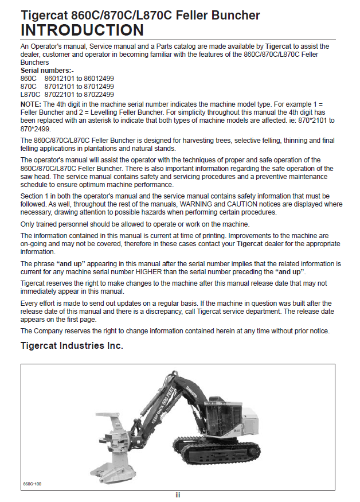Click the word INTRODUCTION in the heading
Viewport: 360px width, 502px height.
82,30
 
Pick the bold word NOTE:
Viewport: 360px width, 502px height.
31,104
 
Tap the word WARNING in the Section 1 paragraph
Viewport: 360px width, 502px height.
197,204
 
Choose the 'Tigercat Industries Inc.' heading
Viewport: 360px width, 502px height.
72,346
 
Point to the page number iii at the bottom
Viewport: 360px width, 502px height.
178,495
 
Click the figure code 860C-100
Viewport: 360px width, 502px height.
32,484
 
